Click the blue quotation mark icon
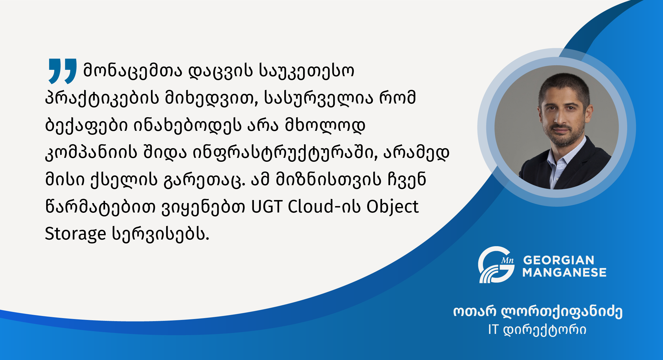coord(62,71)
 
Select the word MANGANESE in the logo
coord(564,272)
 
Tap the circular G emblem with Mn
coord(496,265)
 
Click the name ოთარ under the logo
coord(475,311)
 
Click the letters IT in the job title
coord(493,330)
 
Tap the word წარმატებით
coord(100,207)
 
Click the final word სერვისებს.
coord(161,234)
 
